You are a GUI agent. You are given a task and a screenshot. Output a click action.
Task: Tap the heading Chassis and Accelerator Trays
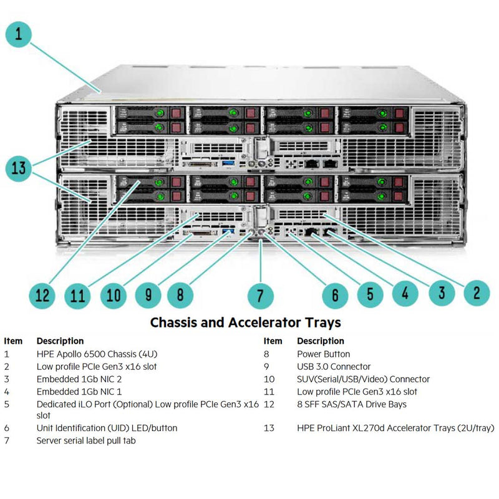pyautogui.click(x=245, y=322)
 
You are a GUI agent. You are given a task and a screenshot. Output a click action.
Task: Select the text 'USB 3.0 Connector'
pyautogui.click(x=334, y=367)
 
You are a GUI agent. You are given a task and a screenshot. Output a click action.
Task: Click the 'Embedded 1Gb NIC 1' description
pyautogui.click(x=79, y=392)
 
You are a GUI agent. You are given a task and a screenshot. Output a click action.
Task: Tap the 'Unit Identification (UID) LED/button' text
pyautogui.click(x=107, y=428)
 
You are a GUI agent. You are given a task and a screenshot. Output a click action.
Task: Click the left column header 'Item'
pyautogui.click(x=13, y=341)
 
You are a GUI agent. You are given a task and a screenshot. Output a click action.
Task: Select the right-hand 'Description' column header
pyautogui.click(x=320, y=341)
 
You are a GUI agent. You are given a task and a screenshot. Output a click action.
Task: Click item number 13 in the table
pyautogui.click(x=269, y=428)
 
